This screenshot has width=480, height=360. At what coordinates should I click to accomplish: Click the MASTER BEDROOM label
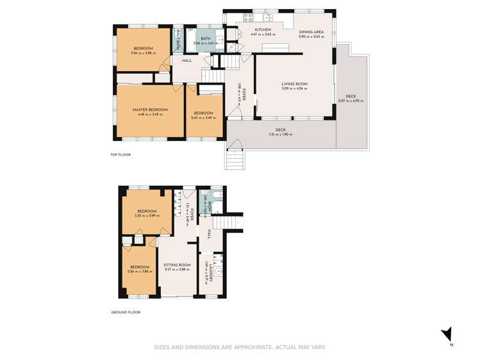150,110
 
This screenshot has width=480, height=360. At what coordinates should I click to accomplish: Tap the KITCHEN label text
263,29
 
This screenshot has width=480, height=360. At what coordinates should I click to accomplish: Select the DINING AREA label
311,31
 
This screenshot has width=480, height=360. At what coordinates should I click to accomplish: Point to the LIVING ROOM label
295,84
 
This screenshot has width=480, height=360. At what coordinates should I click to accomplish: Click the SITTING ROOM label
177,265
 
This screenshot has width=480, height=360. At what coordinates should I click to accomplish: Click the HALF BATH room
178,42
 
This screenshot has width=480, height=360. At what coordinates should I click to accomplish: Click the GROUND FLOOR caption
126,312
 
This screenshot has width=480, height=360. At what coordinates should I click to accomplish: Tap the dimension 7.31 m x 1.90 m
279,135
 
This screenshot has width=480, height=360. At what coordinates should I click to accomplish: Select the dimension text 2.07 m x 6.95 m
351,101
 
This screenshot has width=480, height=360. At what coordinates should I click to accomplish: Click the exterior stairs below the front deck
235,158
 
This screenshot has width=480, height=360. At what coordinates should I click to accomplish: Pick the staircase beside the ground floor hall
224,222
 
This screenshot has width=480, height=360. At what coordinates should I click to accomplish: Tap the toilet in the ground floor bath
216,195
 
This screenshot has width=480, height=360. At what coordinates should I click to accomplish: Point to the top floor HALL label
186,61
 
